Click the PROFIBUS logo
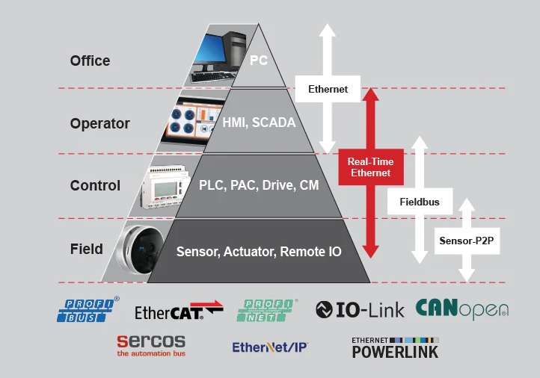(88, 309)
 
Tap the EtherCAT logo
(179, 310)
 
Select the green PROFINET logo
(267, 310)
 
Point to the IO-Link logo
(360, 309)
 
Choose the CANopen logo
(462, 309)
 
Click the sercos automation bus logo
(151, 346)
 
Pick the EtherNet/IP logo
(270, 347)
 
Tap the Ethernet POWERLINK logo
(395, 347)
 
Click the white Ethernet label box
(328, 89)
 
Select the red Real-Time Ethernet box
(371, 167)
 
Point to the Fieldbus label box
(420, 202)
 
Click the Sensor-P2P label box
(467, 241)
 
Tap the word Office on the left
(90, 61)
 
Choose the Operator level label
(100, 123)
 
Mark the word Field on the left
(87, 249)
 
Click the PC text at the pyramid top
(259, 61)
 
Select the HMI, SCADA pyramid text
(259, 123)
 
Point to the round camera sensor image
(141, 250)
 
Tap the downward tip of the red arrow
(371, 258)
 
